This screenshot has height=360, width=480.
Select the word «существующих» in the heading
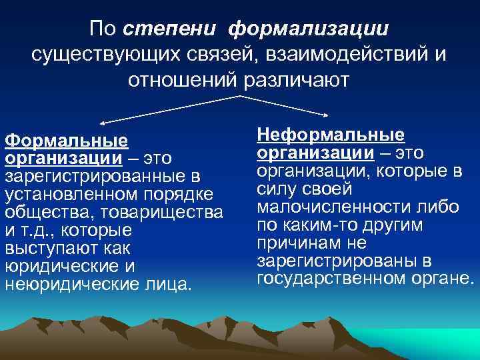pos(105,55)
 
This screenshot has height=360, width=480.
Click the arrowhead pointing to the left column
pos(103,123)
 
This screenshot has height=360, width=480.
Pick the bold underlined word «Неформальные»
pos(331,135)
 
